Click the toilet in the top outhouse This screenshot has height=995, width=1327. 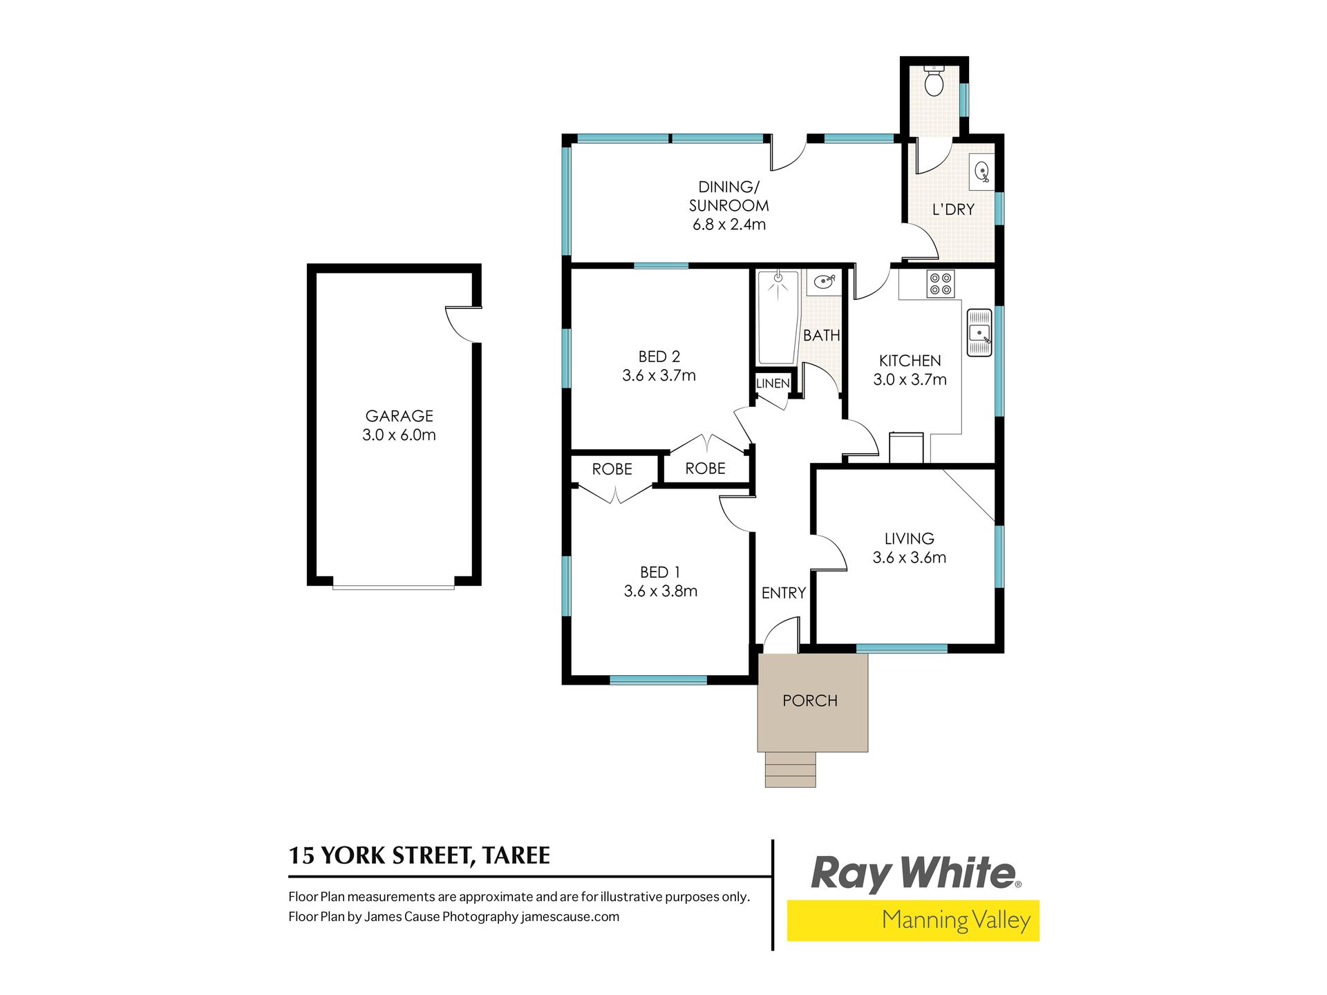[934, 82]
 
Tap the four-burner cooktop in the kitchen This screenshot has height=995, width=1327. [940, 284]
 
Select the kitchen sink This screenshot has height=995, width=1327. [979, 332]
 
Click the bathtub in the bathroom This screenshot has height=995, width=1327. [778, 317]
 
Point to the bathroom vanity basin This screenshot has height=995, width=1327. [824, 282]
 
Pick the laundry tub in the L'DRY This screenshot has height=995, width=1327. [981, 171]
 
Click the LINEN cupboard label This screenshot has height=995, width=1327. [773, 383]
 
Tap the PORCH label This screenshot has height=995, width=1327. [810, 701]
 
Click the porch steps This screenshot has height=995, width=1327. [790, 770]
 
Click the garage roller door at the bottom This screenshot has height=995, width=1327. [393, 587]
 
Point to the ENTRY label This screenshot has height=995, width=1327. [784, 593]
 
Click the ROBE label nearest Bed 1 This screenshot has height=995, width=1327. [612, 469]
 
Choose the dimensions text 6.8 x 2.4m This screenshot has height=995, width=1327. [729, 225]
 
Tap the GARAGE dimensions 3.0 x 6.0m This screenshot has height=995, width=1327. [399, 435]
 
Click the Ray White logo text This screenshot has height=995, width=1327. [915, 873]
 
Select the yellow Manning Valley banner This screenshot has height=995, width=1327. [913, 920]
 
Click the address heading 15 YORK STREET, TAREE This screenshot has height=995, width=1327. [420, 856]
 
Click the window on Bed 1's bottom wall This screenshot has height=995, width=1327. [658, 680]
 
